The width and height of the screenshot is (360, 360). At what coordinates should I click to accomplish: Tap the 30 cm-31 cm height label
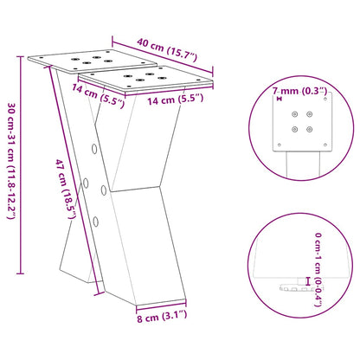click(11, 164)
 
